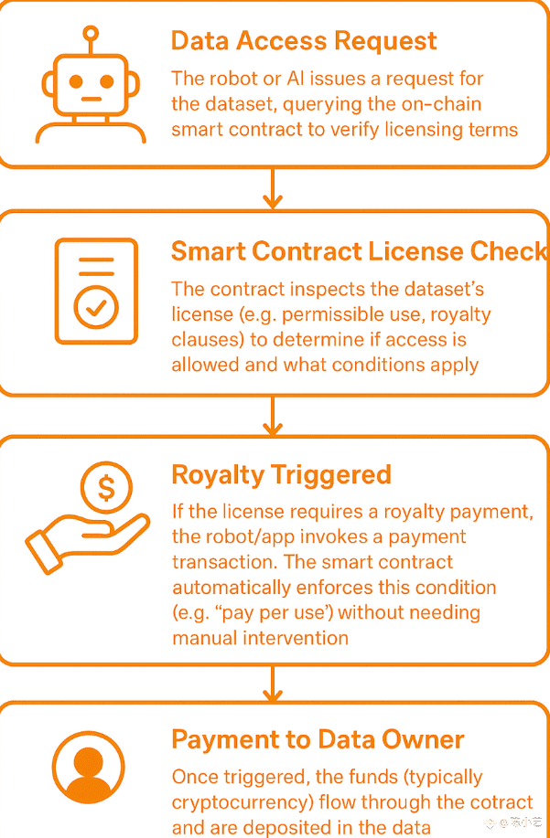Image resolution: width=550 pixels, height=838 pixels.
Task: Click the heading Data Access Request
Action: coord(304,41)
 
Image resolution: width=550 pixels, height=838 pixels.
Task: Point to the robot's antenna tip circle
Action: coord(90,34)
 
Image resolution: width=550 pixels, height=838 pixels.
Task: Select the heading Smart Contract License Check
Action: coord(359,252)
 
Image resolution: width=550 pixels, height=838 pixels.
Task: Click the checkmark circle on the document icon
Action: coord(96,308)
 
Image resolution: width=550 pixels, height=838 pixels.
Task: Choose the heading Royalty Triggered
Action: coord(281,475)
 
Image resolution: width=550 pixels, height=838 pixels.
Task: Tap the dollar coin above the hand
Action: coord(106,489)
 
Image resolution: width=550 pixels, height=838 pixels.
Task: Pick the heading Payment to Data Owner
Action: coord(318,739)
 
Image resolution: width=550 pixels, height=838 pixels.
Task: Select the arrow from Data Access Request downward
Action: coord(272,189)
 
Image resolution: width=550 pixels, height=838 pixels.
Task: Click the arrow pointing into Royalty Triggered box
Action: coord(272,417)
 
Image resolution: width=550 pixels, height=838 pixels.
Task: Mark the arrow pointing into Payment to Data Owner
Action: coord(272,684)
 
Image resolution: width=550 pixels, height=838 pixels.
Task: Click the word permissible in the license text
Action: coord(326,315)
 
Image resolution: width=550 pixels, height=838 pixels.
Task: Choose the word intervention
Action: coord(297,638)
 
